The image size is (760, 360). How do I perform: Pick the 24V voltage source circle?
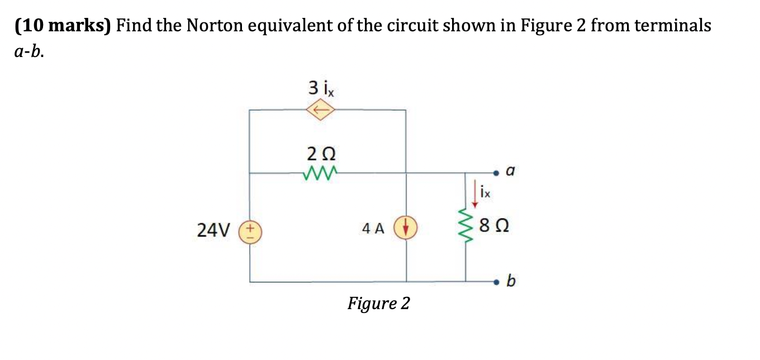coord(250,230)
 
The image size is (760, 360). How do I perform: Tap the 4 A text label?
coord(373,229)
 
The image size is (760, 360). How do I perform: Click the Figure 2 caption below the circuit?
coord(378,304)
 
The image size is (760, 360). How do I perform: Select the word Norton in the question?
coord(215,26)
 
